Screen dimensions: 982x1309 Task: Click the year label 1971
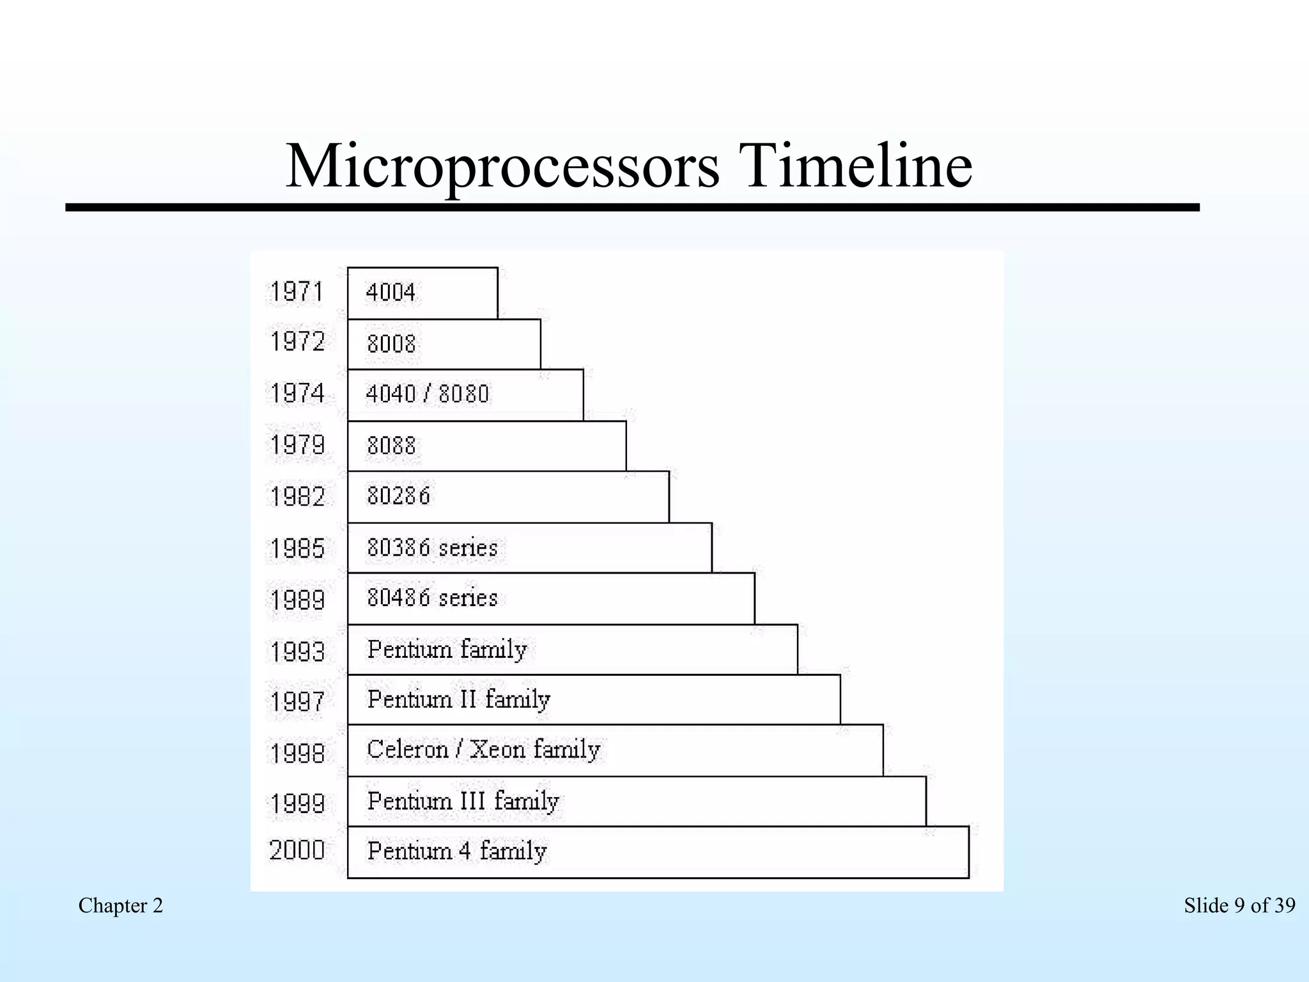coord(297,292)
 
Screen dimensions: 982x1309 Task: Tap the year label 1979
coord(297,445)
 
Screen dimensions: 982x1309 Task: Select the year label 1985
coord(297,549)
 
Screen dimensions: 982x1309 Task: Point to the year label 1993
coord(297,652)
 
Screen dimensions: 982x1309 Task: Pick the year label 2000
coord(297,850)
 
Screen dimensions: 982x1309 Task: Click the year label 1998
coord(297,753)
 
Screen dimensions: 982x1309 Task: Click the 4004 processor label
coord(391,293)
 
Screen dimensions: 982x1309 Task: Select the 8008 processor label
coord(391,344)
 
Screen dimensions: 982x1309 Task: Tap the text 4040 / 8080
coord(428,394)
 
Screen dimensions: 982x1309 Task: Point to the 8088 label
coord(391,445)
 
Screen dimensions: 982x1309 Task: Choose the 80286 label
coord(398,495)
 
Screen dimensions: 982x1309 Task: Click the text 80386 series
coord(432,548)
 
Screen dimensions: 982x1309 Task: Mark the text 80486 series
coord(432,598)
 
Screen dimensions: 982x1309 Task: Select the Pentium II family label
coord(458,699)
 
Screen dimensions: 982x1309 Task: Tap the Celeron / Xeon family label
coord(483,749)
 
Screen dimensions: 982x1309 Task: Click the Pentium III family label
coord(463,801)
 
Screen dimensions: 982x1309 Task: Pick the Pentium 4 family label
coord(457,851)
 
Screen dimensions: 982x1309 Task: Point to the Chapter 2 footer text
coord(121,905)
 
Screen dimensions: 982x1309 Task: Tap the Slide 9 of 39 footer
coord(1239,905)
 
